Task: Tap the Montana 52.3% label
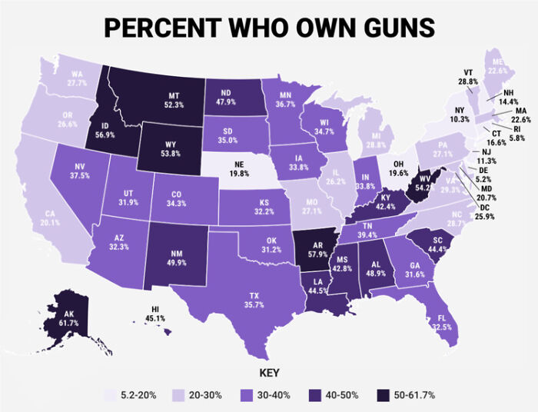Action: (x=174, y=99)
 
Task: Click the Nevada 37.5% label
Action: (x=79, y=170)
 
